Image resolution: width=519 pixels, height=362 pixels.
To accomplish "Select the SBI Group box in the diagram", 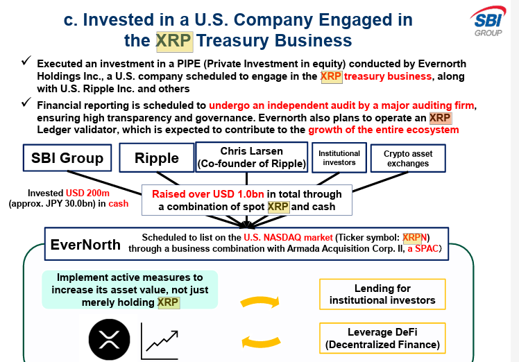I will click(67, 157).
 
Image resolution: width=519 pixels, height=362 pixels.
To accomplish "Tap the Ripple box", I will click(157, 158).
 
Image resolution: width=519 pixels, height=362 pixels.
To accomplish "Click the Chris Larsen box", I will click(252, 157).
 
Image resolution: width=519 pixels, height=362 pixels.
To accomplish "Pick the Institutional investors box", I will click(339, 157).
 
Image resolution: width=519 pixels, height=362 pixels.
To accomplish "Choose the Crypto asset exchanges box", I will click(408, 158).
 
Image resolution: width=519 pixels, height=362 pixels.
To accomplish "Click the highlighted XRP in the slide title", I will click(174, 40).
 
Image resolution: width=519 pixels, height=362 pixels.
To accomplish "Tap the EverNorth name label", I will click(85, 245).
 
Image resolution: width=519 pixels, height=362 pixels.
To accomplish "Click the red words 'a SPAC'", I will click(423, 248).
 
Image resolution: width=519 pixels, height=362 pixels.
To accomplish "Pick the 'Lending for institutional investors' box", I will click(382, 294).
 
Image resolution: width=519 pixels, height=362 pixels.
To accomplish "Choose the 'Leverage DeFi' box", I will click(382, 338).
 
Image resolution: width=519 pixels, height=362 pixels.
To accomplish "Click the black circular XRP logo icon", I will click(109, 339).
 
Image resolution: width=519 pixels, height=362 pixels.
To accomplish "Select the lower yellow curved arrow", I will click(260, 340).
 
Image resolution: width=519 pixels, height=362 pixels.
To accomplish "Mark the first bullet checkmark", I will click(25, 63).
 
